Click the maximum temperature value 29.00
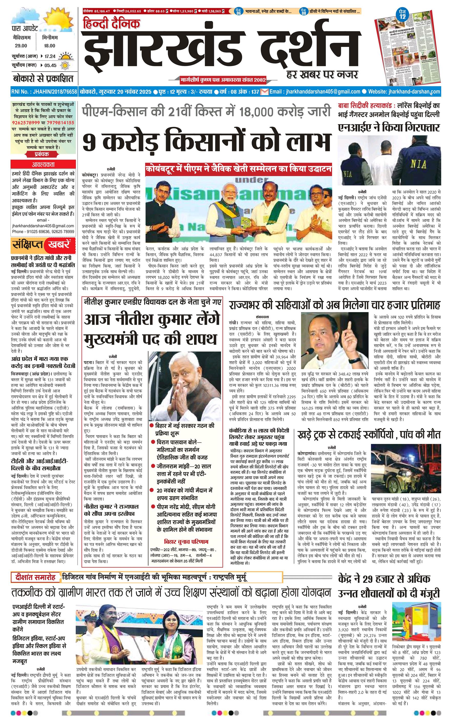[21, 46]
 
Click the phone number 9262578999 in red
[24, 123]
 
